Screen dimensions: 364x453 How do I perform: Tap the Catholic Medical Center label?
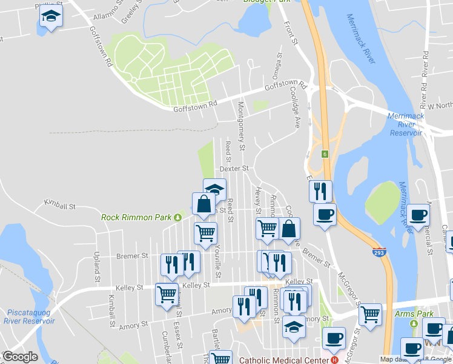279,359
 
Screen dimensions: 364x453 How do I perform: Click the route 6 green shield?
325,153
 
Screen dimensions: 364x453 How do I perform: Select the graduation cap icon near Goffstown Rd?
51,17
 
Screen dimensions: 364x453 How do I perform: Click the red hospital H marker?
334,359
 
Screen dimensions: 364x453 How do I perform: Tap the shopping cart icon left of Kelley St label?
167,295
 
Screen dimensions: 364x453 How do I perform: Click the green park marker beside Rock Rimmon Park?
177,217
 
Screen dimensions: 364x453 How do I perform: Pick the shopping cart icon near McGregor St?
370,314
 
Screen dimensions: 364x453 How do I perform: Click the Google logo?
19,357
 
